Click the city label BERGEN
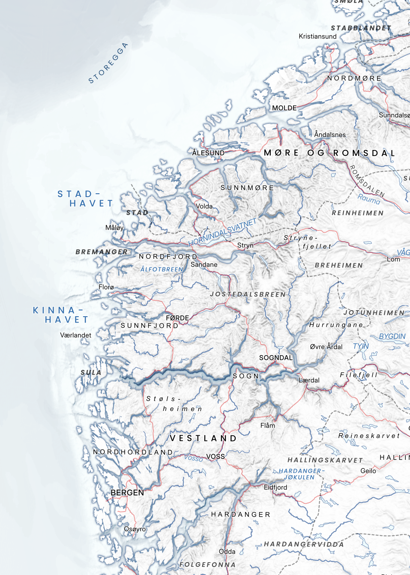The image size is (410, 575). coord(127,493)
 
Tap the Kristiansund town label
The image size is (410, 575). coord(317,36)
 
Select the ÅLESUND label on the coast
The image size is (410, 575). coord(208,153)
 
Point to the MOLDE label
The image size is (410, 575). coord(284,108)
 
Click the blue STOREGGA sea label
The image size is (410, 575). coord(108,63)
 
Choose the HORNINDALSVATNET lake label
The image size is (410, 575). coord(222,232)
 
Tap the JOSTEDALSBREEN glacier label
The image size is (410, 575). coord(248,294)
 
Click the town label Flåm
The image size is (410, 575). coord(268,425)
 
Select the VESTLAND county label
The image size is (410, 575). coord(204,438)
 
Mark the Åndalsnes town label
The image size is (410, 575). coord(330,135)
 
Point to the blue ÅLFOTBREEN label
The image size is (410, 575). coord(162,270)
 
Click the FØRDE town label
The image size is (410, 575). coord(177,318)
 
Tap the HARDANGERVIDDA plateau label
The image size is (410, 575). coord(304,544)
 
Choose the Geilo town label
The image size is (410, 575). coord(368,471)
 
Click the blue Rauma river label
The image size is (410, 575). coord(369,199)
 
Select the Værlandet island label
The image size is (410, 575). coord(75,335)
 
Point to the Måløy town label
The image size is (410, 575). coord(114,228)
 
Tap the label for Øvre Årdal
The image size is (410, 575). coord(326,347)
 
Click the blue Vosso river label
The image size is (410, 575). coord(194,458)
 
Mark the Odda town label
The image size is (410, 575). coord(227,551)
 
